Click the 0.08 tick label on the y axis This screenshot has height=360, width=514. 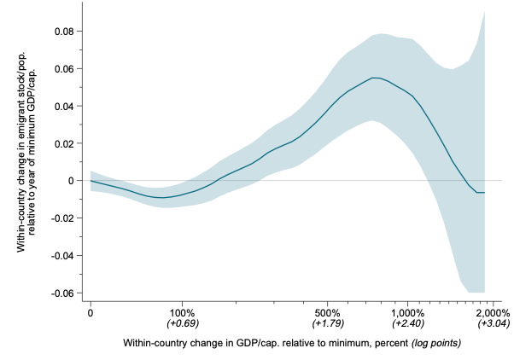click(x=63, y=32)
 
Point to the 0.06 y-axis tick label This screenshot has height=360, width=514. click(x=63, y=69)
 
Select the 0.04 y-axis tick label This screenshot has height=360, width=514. click(x=63, y=107)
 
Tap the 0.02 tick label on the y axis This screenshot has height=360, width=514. click(x=63, y=143)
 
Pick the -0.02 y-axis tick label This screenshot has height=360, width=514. click(x=61, y=218)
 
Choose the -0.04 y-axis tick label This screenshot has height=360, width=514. click(x=61, y=255)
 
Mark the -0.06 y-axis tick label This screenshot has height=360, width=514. click(x=61, y=293)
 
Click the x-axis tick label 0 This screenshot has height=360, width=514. click(x=90, y=312)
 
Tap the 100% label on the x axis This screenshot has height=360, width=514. click(x=182, y=312)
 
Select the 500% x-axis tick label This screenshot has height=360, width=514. click(x=327, y=312)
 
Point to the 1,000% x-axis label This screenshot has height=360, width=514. click(x=407, y=312)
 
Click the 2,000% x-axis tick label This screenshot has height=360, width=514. click(x=493, y=312)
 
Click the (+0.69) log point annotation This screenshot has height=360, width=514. click(x=182, y=324)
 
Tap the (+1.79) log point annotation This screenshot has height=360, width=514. click(x=327, y=324)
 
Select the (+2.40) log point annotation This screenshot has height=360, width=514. click(x=407, y=324)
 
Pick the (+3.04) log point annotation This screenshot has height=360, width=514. click(x=493, y=324)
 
